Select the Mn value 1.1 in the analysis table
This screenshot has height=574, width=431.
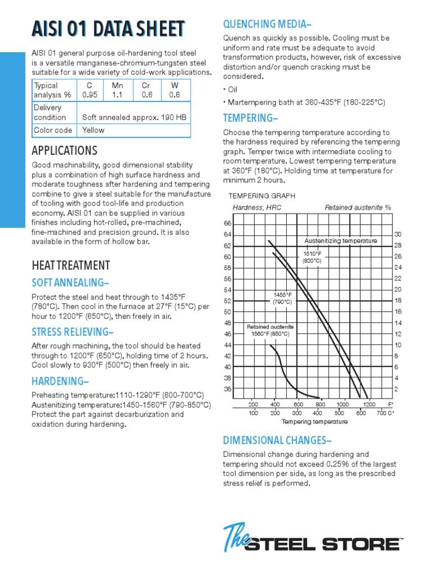point(117,95)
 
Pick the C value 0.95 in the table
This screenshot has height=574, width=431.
point(90,95)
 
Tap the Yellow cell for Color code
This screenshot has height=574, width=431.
point(93,130)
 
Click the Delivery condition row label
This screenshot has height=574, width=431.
point(49,112)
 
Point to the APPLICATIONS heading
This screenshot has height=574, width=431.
point(65,151)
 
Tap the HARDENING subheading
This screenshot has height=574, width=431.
point(60,382)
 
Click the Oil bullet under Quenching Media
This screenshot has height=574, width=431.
point(231,90)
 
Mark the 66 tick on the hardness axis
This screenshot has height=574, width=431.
point(227,224)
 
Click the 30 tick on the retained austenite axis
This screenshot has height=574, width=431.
point(398,234)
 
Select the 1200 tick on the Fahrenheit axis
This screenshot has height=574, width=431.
point(369,404)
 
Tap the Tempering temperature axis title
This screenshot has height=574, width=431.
point(314,421)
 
